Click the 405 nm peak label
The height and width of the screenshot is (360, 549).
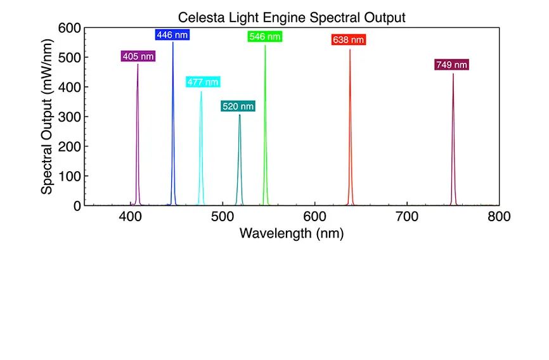click(138, 56)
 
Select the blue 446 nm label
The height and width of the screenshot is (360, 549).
click(172, 35)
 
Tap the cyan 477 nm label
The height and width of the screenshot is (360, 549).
click(202, 82)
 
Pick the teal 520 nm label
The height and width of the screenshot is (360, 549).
click(238, 106)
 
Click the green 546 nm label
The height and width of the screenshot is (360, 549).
click(264, 37)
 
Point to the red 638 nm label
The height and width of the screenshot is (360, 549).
click(349, 40)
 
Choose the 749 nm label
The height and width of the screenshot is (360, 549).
click(451, 65)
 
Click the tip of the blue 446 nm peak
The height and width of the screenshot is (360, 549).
click(173, 42)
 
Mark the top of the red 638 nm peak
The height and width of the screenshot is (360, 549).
click(350, 49)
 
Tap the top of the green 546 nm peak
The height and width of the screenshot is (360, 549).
click(265, 46)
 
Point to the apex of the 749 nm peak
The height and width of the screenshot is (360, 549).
click(453, 74)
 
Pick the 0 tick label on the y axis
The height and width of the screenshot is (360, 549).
click(77, 205)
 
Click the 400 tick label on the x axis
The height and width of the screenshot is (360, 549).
click(130, 217)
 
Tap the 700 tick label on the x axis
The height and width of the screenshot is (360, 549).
click(406, 217)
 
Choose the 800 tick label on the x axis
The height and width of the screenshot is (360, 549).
click(498, 217)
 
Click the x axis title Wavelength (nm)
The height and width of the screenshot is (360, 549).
click(292, 233)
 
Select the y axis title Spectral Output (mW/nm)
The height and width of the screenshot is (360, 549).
click(47, 117)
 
